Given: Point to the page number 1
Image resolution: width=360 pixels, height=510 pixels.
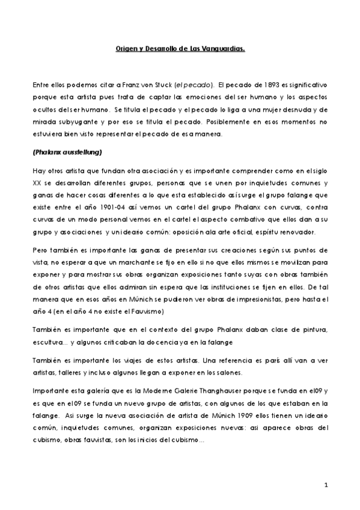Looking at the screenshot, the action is [x=325, y=484].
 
